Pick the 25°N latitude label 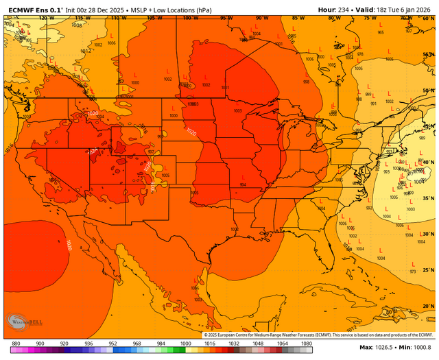pyautogui.click(x=429, y=269)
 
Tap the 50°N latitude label pyautogui.click(x=429, y=90)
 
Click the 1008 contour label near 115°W pyautogui.click(x=76, y=25)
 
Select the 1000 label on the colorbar pyautogui.click(x=185, y=343)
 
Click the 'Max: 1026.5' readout pyautogui.click(x=375, y=348)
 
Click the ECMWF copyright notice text pyautogui.click(x=319, y=335)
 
